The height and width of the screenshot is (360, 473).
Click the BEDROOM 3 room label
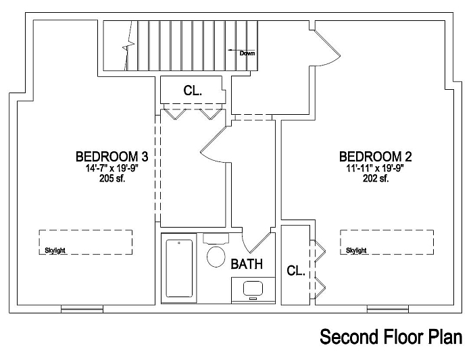(111, 157)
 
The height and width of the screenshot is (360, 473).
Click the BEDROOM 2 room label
(375, 157)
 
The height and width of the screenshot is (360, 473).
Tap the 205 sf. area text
(112, 179)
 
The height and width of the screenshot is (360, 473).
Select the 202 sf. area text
(376, 179)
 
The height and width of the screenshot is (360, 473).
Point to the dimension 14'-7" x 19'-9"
(112, 168)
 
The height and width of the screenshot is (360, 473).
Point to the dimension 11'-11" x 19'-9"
(375, 168)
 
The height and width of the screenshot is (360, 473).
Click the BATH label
(247, 264)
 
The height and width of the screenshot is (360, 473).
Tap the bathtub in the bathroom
(179, 268)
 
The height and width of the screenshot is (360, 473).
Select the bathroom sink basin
(253, 288)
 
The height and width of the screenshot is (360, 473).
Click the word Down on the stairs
(247, 53)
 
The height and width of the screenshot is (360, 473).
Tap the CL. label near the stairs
(193, 91)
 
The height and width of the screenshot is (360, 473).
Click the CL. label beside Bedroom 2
(296, 270)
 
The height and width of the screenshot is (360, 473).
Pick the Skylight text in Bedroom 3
(55, 251)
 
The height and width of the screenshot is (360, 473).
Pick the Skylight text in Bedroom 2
(356, 251)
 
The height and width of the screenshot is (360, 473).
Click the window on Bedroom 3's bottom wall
(82, 309)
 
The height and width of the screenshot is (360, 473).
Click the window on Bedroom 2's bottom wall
(388, 309)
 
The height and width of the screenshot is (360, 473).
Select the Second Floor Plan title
(391, 337)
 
